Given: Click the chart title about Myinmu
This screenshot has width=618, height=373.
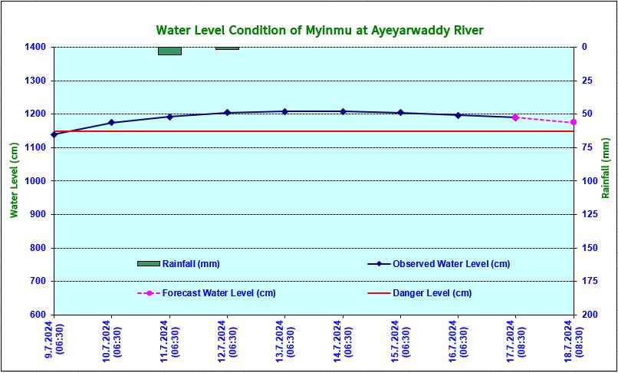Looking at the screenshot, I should (320, 30).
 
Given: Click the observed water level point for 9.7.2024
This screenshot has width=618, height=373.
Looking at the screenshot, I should (54, 134).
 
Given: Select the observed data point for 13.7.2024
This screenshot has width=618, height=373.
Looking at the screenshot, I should (284, 112).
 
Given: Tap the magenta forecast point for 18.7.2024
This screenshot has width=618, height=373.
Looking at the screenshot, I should (574, 122).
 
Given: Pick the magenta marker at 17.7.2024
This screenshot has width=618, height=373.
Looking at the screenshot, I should (515, 117).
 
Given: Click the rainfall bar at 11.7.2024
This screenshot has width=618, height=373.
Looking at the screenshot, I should (169, 51).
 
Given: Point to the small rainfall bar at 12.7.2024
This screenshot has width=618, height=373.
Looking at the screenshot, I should (227, 48).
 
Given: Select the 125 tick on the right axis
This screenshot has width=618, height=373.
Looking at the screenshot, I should (587, 214).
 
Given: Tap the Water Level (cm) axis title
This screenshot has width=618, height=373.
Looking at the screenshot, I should (14, 180).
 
